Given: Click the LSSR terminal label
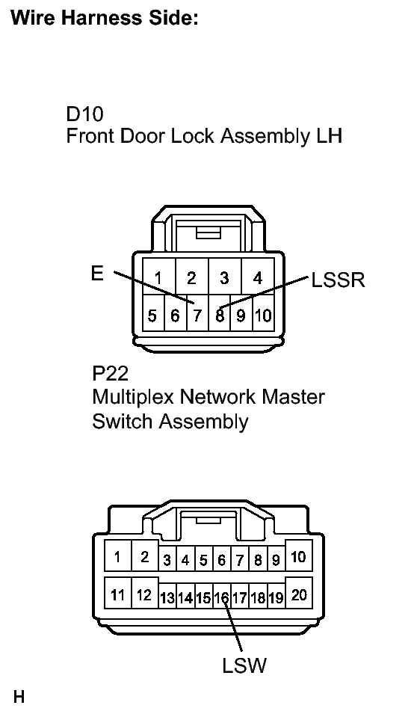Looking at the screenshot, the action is point(338,280).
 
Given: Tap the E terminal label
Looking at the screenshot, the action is point(97,274).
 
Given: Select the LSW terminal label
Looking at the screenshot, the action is point(244,665).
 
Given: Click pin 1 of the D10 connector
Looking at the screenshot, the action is point(159,277).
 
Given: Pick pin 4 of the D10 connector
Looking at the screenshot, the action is point(258,277).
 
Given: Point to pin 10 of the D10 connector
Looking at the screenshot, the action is point(263,316).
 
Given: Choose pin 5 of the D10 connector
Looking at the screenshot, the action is point(152,316).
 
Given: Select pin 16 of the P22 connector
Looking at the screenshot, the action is point(221,597).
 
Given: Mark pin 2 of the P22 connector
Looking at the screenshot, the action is point(144,556).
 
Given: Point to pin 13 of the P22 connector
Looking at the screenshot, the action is point(167,597).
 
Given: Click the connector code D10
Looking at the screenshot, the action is point(84,114).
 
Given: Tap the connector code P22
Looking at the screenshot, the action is point(110,374).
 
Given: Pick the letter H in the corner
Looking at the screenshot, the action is point(19,697).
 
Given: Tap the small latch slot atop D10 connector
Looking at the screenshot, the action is point(208,234).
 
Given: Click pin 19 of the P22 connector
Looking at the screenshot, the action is point(276,597).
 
